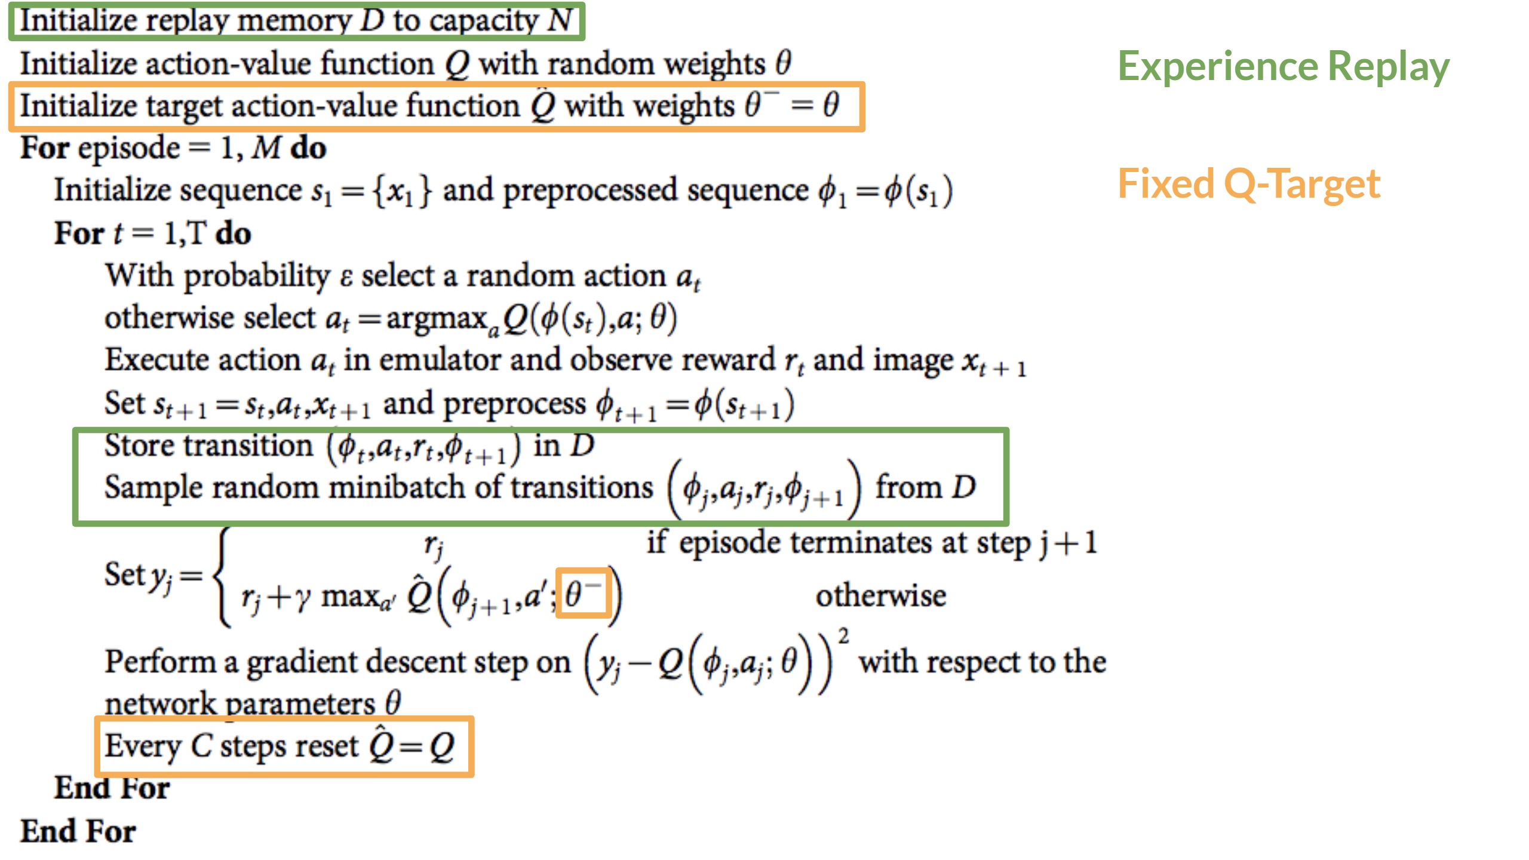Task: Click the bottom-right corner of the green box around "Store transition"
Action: pyautogui.click(x=1007, y=524)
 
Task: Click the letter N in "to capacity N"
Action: pyautogui.click(x=560, y=20)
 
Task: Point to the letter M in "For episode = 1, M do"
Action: pyautogui.click(x=266, y=148)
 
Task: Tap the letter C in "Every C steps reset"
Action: pyautogui.click(x=201, y=746)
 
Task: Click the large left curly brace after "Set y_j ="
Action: pyautogui.click(x=222, y=576)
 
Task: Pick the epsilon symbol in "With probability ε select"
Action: pyautogui.click(x=346, y=278)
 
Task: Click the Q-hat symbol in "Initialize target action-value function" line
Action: pyautogui.click(x=543, y=106)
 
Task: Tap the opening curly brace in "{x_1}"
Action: pyautogui.click(x=378, y=192)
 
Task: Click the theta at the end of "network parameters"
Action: pyautogui.click(x=392, y=702)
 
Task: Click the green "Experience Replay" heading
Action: pyautogui.click(x=1284, y=67)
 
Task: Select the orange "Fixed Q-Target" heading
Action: pyautogui.click(x=1249, y=183)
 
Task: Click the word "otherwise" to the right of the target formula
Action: pyautogui.click(x=881, y=596)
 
